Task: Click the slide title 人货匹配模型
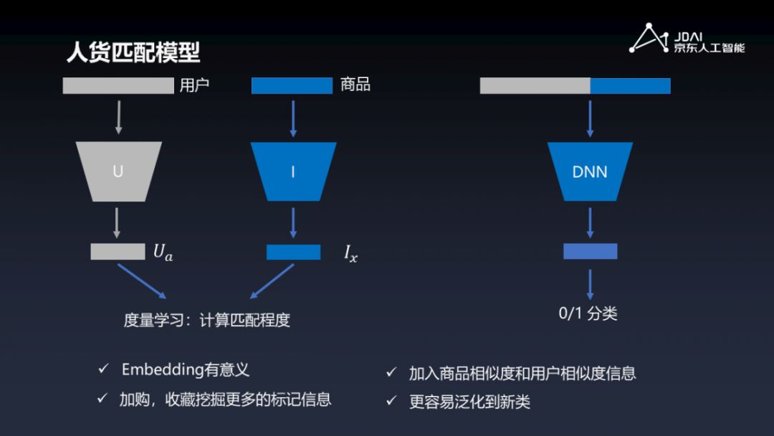pyautogui.click(x=133, y=52)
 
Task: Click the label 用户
pyautogui.click(x=194, y=85)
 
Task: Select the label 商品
pyautogui.click(x=355, y=85)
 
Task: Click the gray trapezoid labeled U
pyautogui.click(x=118, y=171)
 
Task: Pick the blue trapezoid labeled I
pyautogui.click(x=293, y=171)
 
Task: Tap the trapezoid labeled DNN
pyautogui.click(x=590, y=171)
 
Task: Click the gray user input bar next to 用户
pyautogui.click(x=118, y=86)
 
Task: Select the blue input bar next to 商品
pyautogui.click(x=292, y=86)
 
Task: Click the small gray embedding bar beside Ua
pyautogui.click(x=118, y=252)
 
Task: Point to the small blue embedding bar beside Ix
pyautogui.click(x=293, y=252)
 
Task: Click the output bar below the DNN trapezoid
pyautogui.click(x=590, y=251)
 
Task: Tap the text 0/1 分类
pyautogui.click(x=588, y=313)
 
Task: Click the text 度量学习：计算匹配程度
pyautogui.click(x=206, y=320)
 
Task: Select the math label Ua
pyautogui.click(x=163, y=252)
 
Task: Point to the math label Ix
pyautogui.click(x=350, y=253)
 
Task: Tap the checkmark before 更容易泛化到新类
pyautogui.click(x=391, y=402)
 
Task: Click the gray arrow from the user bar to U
pyautogui.click(x=118, y=118)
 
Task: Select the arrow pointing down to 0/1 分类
pyautogui.click(x=590, y=285)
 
